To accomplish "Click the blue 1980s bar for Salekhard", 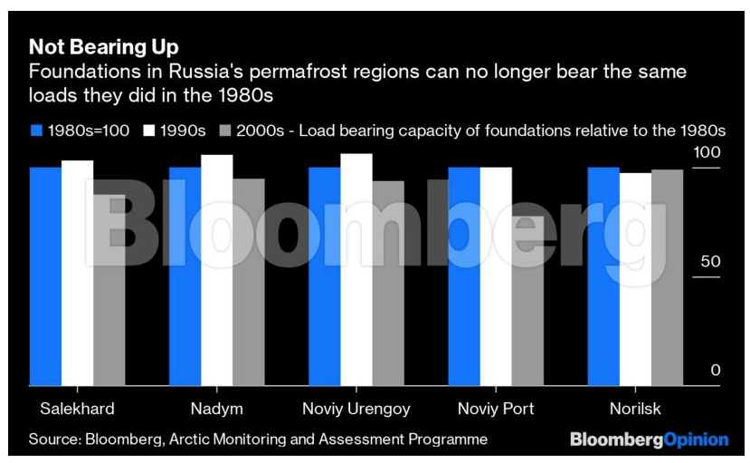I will pos(45,275).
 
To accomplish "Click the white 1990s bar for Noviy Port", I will pos(496,275).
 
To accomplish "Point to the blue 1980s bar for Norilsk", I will pos(603,275).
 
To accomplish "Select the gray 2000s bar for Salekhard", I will pos(109,289).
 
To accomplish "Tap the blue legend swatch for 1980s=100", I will pos(36,130).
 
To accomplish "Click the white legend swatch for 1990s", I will pos(149,130).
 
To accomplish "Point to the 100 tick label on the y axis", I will pos(706,153).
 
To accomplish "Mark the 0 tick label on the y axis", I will pos(715,371).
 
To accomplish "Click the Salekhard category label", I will pos(77,409).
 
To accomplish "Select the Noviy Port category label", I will pos(496,409).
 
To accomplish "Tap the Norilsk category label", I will pos(635,409).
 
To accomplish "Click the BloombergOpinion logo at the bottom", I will pos(649,439).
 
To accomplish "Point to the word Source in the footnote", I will pos(52,439).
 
